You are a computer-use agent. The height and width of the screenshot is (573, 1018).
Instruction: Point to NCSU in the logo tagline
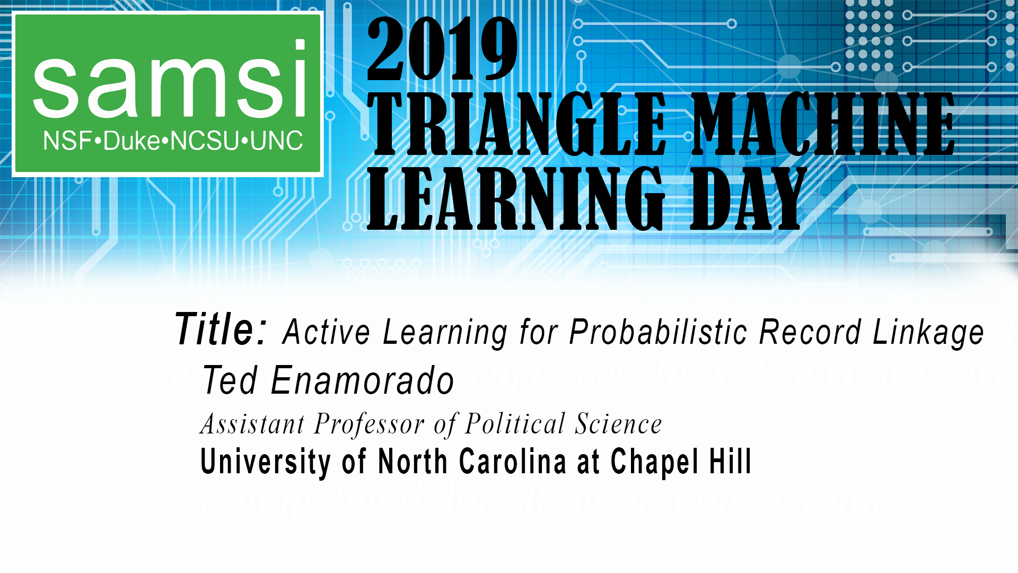point(204,141)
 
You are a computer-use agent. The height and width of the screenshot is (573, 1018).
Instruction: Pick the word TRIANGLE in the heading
point(517,124)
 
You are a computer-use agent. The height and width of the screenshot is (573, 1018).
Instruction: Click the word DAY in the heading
point(748,199)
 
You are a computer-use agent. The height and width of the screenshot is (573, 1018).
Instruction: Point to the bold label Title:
point(221,329)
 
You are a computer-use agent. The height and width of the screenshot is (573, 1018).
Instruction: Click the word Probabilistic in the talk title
point(657,333)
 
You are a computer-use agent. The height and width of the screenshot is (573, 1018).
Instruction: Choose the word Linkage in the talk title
point(928,333)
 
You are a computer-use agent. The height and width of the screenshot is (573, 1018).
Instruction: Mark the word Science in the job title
point(618,424)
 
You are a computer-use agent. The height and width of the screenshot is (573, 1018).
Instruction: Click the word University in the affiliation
point(266,462)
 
